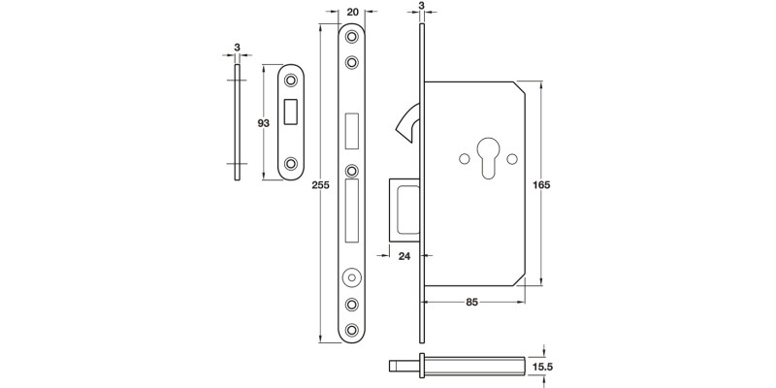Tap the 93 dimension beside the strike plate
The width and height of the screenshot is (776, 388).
[262, 123]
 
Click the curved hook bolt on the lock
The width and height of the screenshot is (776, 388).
[405, 121]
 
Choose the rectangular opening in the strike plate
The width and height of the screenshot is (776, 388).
[291, 110]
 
